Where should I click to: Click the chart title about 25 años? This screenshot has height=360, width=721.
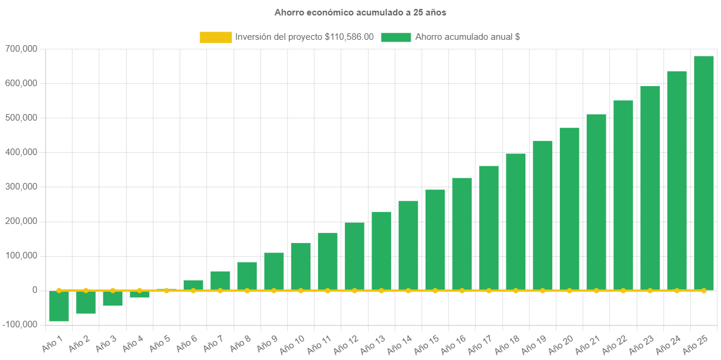[360, 12]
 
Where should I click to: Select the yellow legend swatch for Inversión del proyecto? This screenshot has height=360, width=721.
[216, 37]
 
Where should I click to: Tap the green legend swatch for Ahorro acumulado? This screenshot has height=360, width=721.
[396, 37]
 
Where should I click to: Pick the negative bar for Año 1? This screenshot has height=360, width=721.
[59, 306]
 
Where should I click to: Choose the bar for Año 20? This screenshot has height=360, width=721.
[569, 209]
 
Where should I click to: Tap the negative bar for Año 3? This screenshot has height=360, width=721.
[112, 298]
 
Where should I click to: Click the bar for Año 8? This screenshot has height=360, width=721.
[247, 276]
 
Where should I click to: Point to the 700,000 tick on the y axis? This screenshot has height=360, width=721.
[21, 49]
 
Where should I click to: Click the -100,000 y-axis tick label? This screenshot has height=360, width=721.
[20, 324]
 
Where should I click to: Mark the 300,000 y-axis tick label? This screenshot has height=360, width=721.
[21, 187]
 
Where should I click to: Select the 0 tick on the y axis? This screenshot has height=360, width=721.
[35, 290]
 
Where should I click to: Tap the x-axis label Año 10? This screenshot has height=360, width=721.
[292, 343]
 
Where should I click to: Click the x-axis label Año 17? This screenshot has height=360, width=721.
[480, 343]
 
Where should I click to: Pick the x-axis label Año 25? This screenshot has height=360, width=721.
[695, 343]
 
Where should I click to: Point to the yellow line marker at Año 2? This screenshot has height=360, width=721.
[86, 290]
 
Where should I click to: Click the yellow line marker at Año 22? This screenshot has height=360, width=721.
[623, 290]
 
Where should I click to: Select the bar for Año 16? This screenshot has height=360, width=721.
[462, 233]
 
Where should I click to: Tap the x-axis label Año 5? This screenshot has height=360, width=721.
[159, 342]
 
